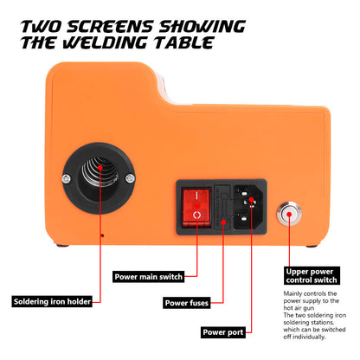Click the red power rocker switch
click(x=196, y=207)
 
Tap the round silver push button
click(x=289, y=215)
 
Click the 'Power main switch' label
click(x=148, y=277)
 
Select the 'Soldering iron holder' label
click(x=52, y=301)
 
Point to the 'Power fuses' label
click(x=187, y=303)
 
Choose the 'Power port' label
click(x=223, y=332)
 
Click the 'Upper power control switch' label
click(x=312, y=276)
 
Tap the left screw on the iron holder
click(x=67, y=179)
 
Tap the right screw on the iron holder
click(x=130, y=178)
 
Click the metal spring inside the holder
click(x=100, y=172)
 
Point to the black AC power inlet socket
click(x=248, y=208)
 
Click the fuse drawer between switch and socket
click(x=222, y=208)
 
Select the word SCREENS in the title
click(x=110, y=27)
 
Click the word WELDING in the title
click(x=106, y=43)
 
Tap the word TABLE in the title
click(x=183, y=43)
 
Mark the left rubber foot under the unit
click(x=62, y=246)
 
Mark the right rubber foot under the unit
click(x=312, y=247)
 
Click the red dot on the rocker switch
click(x=197, y=206)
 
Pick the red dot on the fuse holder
click(x=223, y=222)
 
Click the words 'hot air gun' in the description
click(x=299, y=308)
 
